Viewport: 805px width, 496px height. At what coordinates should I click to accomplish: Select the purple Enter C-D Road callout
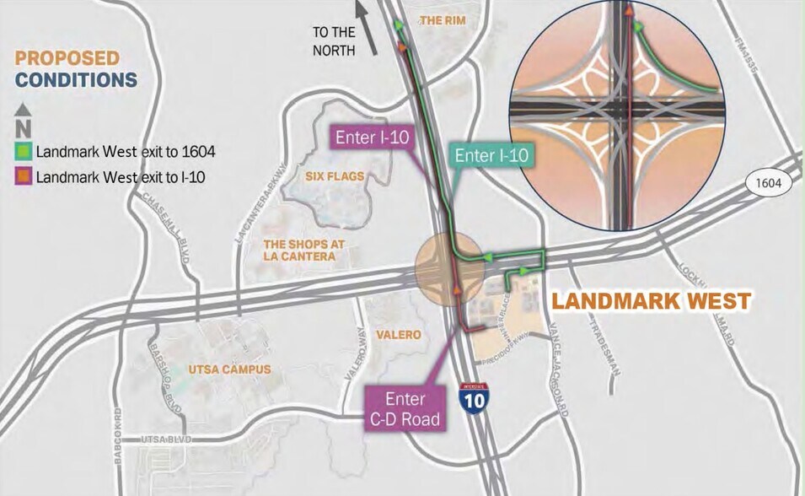pyautogui.click(x=405, y=408)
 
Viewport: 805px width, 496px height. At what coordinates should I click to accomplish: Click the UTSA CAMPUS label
pyautogui.click(x=229, y=369)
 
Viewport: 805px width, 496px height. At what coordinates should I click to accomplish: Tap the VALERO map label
pyautogui.click(x=398, y=335)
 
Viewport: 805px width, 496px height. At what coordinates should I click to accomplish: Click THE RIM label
pyautogui.click(x=442, y=19)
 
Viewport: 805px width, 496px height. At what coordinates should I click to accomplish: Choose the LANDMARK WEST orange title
pyautogui.click(x=651, y=300)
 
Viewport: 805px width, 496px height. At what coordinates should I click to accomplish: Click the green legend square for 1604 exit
pyautogui.click(x=24, y=152)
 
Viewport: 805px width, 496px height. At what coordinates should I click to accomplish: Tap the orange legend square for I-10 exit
pyautogui.click(x=24, y=177)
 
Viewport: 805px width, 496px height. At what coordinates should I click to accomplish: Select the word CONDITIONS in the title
pyautogui.click(x=76, y=80)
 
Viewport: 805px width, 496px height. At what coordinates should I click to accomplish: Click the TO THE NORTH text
pyautogui.click(x=335, y=41)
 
